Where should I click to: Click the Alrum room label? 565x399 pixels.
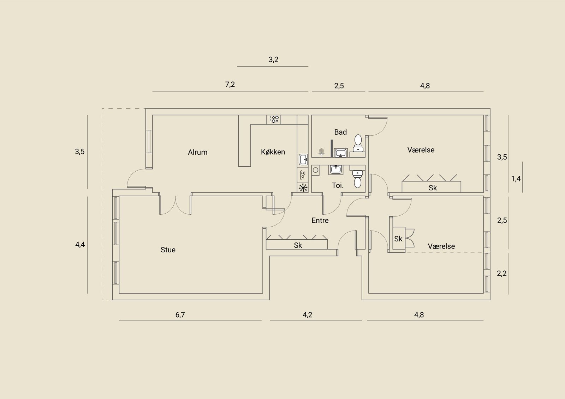click(197, 152)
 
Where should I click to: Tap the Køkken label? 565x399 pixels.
click(273, 152)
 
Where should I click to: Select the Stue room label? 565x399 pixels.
click(168, 250)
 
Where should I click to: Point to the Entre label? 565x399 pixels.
click(320, 221)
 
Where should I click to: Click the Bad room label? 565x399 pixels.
click(340, 132)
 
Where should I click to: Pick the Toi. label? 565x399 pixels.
click(338, 185)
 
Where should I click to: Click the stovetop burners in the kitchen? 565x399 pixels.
click(274, 119)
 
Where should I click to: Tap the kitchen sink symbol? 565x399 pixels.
click(303, 159)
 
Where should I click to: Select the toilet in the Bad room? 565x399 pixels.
click(358, 143)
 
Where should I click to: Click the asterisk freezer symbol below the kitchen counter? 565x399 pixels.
click(303, 188)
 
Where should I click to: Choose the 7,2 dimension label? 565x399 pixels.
click(230, 84)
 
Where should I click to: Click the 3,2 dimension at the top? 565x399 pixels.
click(273, 60)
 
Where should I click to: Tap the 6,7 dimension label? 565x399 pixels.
click(180, 315)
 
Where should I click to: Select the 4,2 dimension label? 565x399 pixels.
click(308, 315)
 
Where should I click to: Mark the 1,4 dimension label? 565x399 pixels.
click(516, 179)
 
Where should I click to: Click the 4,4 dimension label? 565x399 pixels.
click(80, 244)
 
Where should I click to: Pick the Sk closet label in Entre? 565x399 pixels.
click(298, 245)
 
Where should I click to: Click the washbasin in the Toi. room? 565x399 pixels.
click(336, 170)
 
